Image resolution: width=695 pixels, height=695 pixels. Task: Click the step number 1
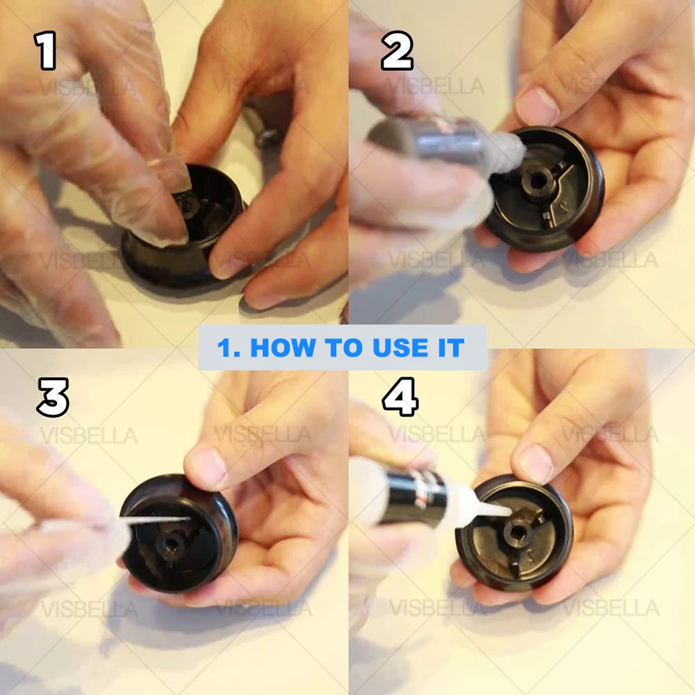[45, 51]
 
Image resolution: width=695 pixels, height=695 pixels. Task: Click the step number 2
[397, 51]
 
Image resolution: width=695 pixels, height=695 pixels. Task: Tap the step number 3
[53, 397]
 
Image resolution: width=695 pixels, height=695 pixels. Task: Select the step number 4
[400, 397]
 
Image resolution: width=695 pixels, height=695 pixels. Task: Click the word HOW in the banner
[284, 347]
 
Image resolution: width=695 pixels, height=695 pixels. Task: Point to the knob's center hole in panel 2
[537, 181]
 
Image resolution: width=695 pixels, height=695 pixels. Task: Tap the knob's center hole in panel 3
[171, 543]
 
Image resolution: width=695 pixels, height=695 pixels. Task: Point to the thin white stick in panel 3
[155, 520]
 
